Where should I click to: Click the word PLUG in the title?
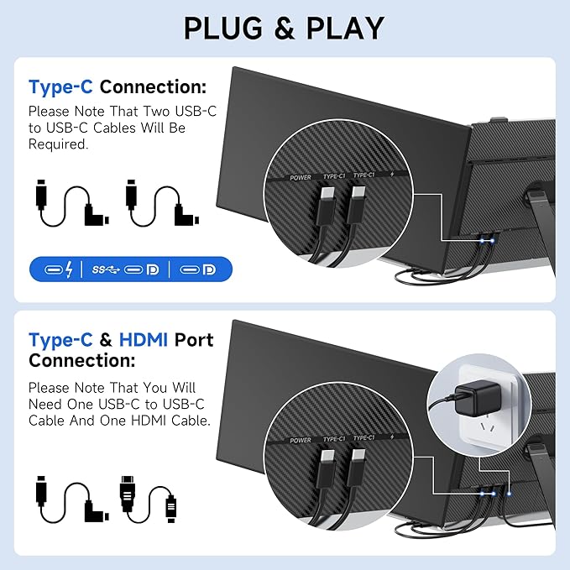(x=223, y=28)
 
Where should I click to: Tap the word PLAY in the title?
(x=345, y=28)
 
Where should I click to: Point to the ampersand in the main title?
(x=285, y=29)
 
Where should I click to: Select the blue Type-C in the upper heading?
(x=60, y=87)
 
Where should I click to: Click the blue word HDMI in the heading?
(x=144, y=340)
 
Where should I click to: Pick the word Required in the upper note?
(x=59, y=144)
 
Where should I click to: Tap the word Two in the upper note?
(x=157, y=112)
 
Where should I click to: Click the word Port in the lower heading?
(x=194, y=340)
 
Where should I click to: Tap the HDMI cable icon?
(x=149, y=499)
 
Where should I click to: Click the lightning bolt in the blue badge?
(x=69, y=269)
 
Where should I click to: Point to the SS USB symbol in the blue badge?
(x=106, y=269)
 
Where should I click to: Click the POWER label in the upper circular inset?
(x=301, y=178)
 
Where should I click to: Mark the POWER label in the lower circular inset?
(x=301, y=440)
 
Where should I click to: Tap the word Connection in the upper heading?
(x=153, y=87)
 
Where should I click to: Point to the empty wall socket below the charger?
(x=487, y=428)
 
